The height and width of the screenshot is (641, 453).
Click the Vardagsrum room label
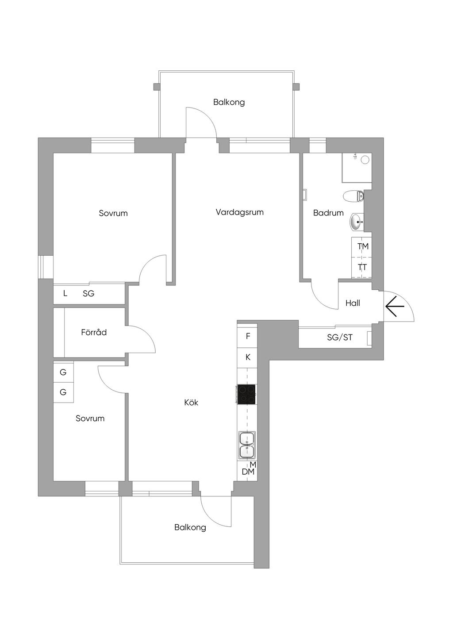(239, 212)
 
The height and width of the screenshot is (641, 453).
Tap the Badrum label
(328, 213)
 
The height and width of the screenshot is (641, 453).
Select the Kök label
(191, 403)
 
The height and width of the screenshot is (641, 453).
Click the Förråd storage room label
(94, 332)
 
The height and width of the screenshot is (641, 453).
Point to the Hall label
(353, 303)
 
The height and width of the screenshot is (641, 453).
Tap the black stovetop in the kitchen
(246, 394)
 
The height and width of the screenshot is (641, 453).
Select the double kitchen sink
(246, 445)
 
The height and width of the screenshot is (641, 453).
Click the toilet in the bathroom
(354, 196)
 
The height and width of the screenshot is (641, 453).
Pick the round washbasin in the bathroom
(357, 222)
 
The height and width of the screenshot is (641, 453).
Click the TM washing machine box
(363, 246)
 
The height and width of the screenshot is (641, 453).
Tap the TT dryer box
(362, 268)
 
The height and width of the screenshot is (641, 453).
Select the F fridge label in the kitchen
(248, 336)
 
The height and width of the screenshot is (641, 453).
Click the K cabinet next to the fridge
(248, 357)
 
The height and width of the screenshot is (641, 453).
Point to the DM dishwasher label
(248, 472)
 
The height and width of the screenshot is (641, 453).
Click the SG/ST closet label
(340, 338)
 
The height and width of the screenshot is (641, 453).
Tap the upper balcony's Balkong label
(229, 102)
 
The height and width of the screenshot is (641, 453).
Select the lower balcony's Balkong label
(190, 527)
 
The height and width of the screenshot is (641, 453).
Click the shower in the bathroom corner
(357, 168)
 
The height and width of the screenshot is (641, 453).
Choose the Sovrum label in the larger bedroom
(113, 213)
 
